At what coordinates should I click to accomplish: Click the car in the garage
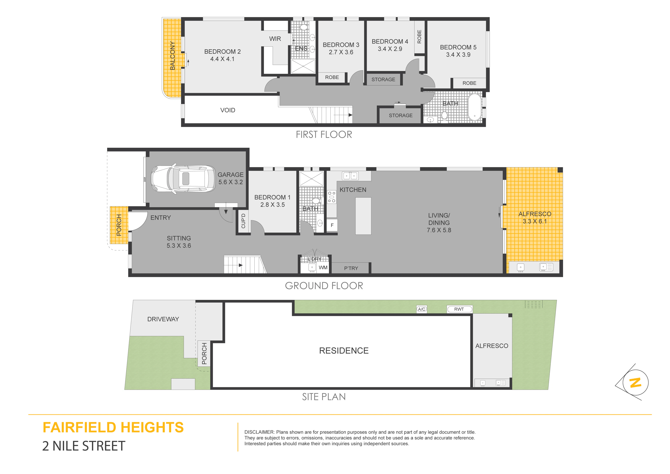click(184, 179)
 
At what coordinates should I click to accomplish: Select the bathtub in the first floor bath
click(475, 107)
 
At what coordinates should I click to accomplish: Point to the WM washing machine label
click(323, 268)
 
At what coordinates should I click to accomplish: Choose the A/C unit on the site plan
click(422, 309)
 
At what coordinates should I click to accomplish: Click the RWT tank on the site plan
click(459, 309)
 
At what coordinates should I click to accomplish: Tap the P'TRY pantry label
click(351, 268)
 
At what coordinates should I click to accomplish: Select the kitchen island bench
click(363, 216)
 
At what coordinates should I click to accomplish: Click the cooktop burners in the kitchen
click(332, 197)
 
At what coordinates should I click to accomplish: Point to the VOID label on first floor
click(228, 110)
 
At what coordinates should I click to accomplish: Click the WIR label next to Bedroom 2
click(275, 39)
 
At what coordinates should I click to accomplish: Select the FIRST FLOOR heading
click(324, 135)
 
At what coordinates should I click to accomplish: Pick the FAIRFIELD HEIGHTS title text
click(113, 428)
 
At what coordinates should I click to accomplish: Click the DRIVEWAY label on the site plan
click(163, 319)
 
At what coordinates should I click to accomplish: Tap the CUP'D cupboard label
click(243, 221)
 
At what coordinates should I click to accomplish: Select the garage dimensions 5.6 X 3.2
click(231, 182)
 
